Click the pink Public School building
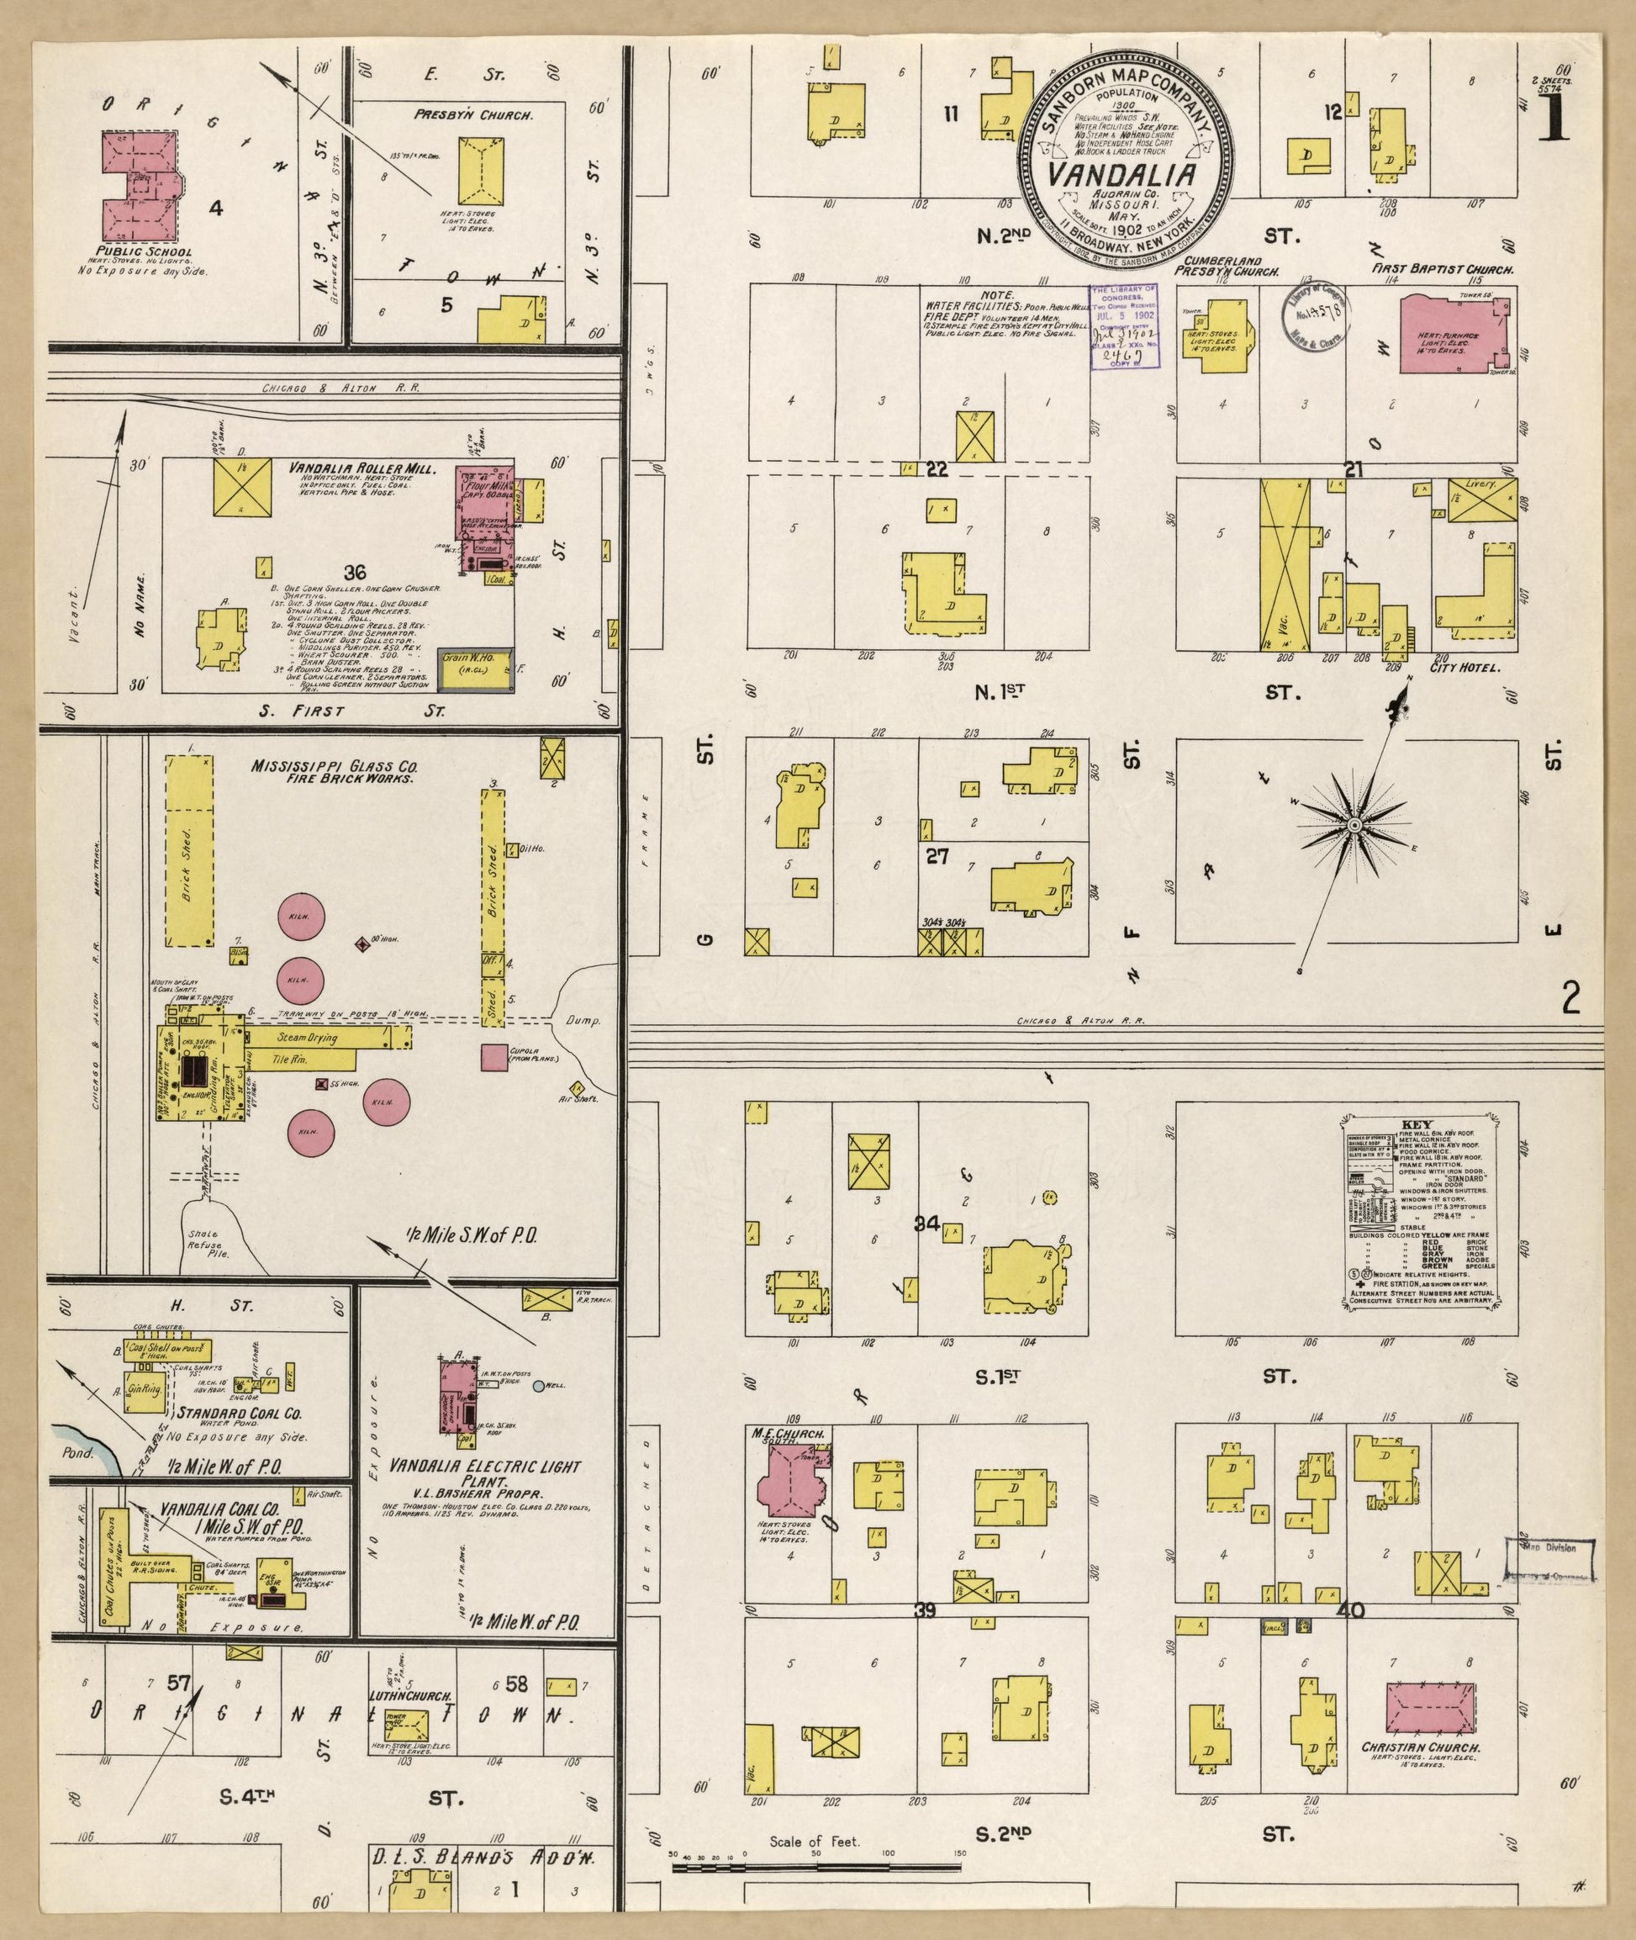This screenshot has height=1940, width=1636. click(139, 185)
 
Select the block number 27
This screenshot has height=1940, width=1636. click(937, 855)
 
